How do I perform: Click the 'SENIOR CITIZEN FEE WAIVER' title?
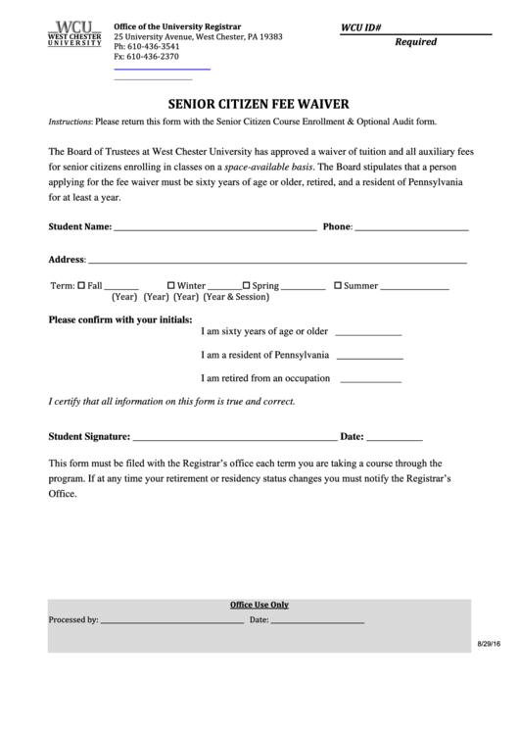(259, 102)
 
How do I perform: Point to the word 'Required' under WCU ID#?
(415, 42)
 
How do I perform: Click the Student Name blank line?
(214, 228)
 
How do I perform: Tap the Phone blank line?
(411, 228)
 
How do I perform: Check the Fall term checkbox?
(82, 286)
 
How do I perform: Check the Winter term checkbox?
(171, 286)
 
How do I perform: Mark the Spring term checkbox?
(246, 286)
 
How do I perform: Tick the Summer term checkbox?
(338, 286)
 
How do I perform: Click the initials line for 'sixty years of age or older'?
(368, 333)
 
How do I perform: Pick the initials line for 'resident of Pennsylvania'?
(370, 357)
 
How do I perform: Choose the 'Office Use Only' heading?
(259, 605)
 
